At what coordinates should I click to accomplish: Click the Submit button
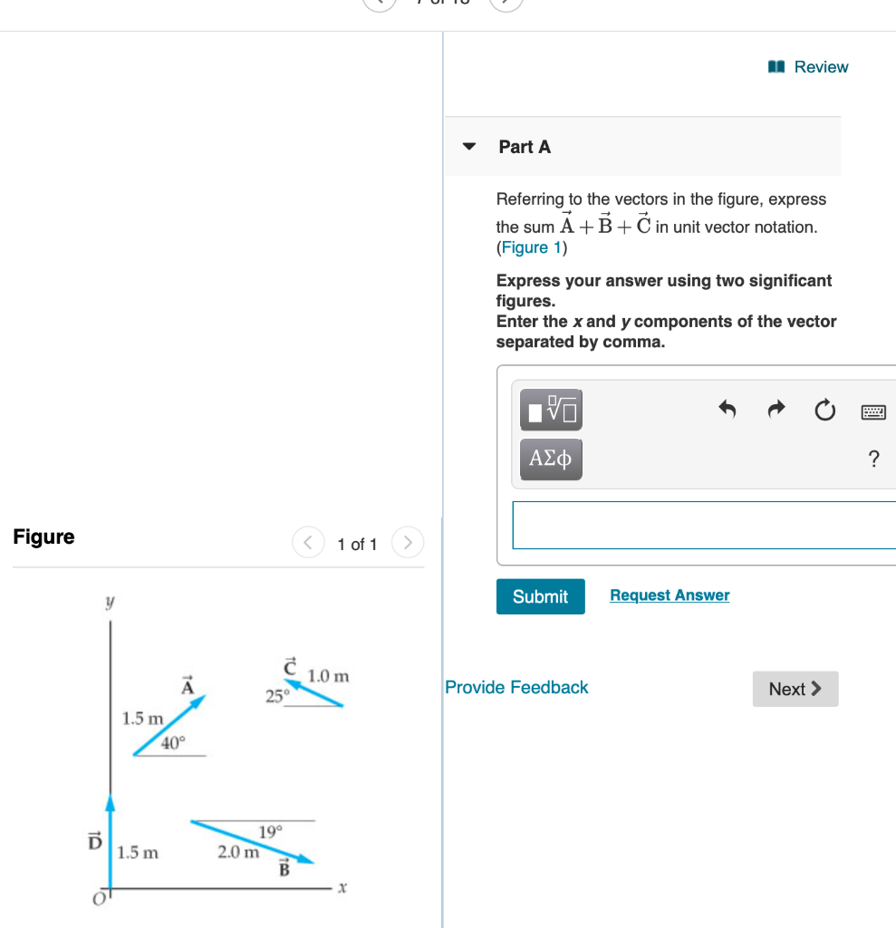point(540,596)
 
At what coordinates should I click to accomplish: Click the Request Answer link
point(670,595)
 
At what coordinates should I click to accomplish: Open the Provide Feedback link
point(516,688)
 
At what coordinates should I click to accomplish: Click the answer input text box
point(703,525)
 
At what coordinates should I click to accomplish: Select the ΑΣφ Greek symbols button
point(551,459)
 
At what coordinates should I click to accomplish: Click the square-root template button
point(551,410)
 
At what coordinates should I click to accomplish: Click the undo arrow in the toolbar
point(727,411)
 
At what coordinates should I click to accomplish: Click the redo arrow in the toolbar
point(776,411)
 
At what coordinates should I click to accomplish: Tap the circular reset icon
point(824,411)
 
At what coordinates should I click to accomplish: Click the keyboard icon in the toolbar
point(873,412)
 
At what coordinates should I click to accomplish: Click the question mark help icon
point(873,459)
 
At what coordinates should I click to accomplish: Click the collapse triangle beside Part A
point(468,147)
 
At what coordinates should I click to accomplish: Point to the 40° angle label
point(172,743)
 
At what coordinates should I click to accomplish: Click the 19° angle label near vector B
point(270,832)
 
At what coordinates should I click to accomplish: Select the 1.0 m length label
point(328,676)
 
